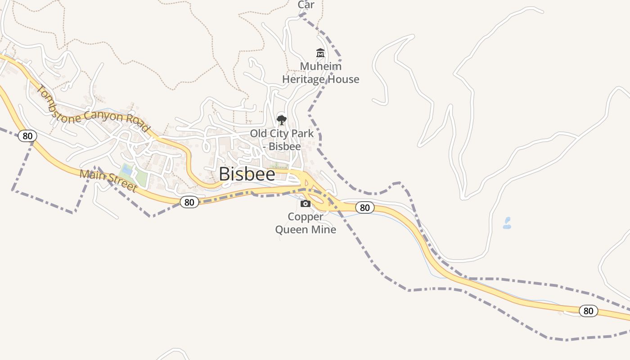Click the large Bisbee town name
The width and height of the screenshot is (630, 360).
[x=247, y=174]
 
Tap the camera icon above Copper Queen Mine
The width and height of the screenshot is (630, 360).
[x=306, y=204]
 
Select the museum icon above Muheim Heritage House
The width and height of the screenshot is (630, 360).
[x=320, y=53]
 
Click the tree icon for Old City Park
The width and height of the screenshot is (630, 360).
[x=282, y=120]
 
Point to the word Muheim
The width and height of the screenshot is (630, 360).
[x=320, y=66]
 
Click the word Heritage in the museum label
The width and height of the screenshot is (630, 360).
[x=303, y=79]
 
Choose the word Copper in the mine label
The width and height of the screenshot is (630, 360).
[x=306, y=217]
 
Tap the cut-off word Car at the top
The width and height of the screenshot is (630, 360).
[x=306, y=5]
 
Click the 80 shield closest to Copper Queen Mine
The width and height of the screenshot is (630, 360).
[x=364, y=207]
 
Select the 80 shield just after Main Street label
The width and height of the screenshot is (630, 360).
[x=189, y=202]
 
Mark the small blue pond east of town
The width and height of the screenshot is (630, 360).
[x=507, y=223]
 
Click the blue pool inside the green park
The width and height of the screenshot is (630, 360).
[x=127, y=170]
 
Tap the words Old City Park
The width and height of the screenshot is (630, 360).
[x=282, y=134]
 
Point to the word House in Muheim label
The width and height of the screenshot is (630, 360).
[x=343, y=79]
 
